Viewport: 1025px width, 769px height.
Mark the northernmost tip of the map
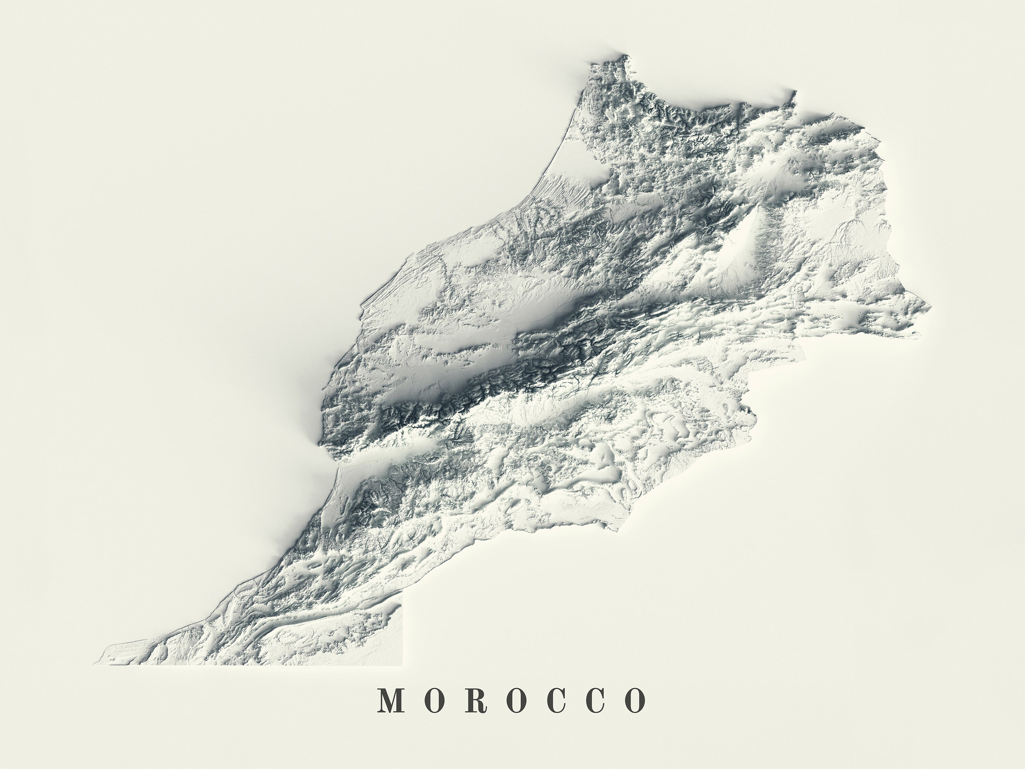(x=628, y=56)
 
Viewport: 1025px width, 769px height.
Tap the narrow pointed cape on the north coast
(x=794, y=93)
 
